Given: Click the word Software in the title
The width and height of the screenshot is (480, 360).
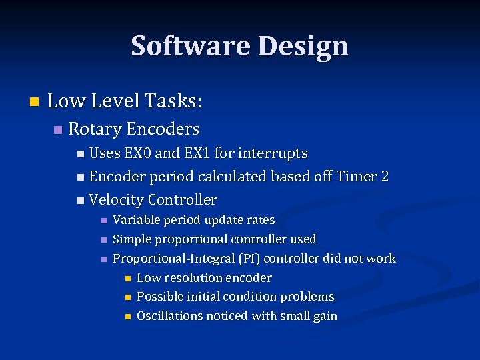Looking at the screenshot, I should pos(190,46).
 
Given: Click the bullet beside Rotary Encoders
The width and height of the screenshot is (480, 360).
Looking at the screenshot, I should pos(57,129).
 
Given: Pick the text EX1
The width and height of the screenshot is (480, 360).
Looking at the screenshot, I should pos(197,153).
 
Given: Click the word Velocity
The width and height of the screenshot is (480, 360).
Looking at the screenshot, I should pos(116,200).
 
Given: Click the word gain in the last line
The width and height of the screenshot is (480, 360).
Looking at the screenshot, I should pos(324,317).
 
